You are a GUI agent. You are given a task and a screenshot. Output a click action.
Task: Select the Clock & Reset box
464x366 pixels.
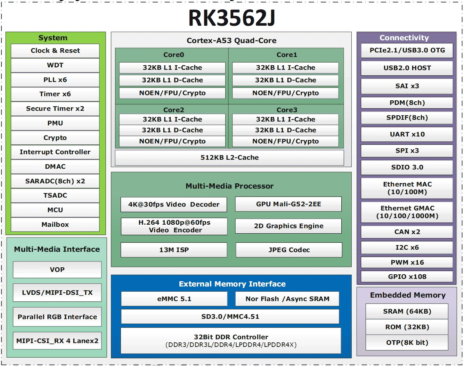(x=55, y=51)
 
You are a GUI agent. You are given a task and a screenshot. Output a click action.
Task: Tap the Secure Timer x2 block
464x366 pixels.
(x=55, y=109)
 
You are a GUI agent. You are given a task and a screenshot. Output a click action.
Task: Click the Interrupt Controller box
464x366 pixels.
(x=55, y=152)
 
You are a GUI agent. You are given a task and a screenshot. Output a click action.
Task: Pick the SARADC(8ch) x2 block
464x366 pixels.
(x=55, y=181)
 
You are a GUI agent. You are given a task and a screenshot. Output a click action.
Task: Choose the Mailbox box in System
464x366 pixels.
(x=55, y=225)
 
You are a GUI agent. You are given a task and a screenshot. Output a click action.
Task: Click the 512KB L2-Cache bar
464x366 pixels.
(x=229, y=158)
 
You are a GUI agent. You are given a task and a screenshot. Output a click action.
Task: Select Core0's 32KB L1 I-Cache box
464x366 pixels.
(x=172, y=68)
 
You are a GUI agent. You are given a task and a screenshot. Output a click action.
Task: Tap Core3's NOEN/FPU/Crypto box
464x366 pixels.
(x=285, y=141)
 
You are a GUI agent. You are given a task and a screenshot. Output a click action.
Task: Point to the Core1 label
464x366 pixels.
(x=287, y=55)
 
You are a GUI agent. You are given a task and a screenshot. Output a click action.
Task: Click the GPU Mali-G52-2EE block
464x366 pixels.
(x=288, y=204)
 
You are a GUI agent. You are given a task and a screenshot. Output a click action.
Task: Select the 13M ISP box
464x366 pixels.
(x=174, y=250)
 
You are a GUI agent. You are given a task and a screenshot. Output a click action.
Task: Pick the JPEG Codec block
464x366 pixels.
(x=289, y=250)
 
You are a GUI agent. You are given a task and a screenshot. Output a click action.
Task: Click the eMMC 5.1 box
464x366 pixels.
(x=174, y=299)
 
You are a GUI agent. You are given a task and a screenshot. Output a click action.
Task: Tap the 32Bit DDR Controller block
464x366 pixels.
(x=231, y=341)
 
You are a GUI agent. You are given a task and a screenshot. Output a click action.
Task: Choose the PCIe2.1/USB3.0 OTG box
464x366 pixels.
(x=407, y=50)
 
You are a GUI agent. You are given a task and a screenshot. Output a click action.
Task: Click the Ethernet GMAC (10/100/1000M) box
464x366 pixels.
(x=407, y=212)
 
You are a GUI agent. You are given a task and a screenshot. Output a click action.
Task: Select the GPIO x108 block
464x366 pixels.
(x=407, y=277)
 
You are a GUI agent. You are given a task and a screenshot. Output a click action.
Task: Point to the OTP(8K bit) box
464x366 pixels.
(x=407, y=343)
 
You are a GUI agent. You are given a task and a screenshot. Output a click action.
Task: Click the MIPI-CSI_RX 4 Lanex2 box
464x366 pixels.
(x=57, y=341)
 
